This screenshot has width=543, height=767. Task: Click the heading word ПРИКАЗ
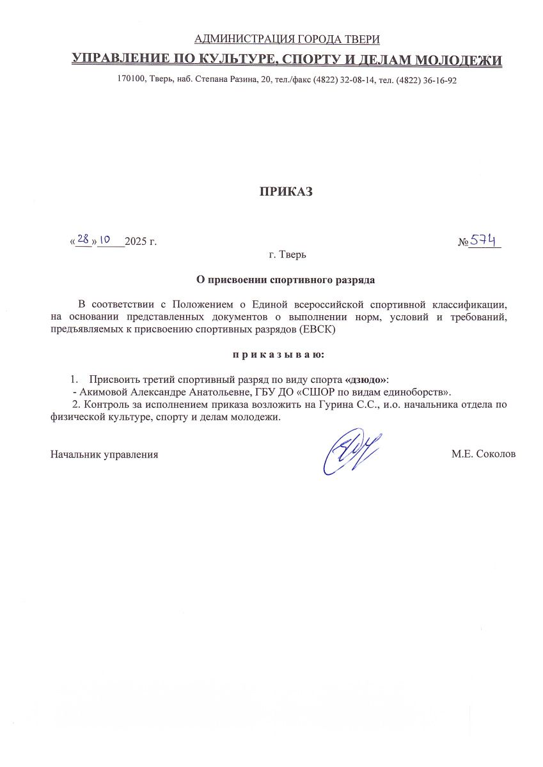tap(286, 192)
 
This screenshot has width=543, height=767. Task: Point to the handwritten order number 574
tap(485, 240)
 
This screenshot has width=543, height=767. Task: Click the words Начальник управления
tap(104, 454)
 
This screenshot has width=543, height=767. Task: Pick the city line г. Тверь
tap(288, 254)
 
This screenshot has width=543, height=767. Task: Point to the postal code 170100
tap(132, 81)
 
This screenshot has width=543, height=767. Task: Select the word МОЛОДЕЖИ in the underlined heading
tap(459, 61)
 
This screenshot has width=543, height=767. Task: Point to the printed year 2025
tap(136, 242)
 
